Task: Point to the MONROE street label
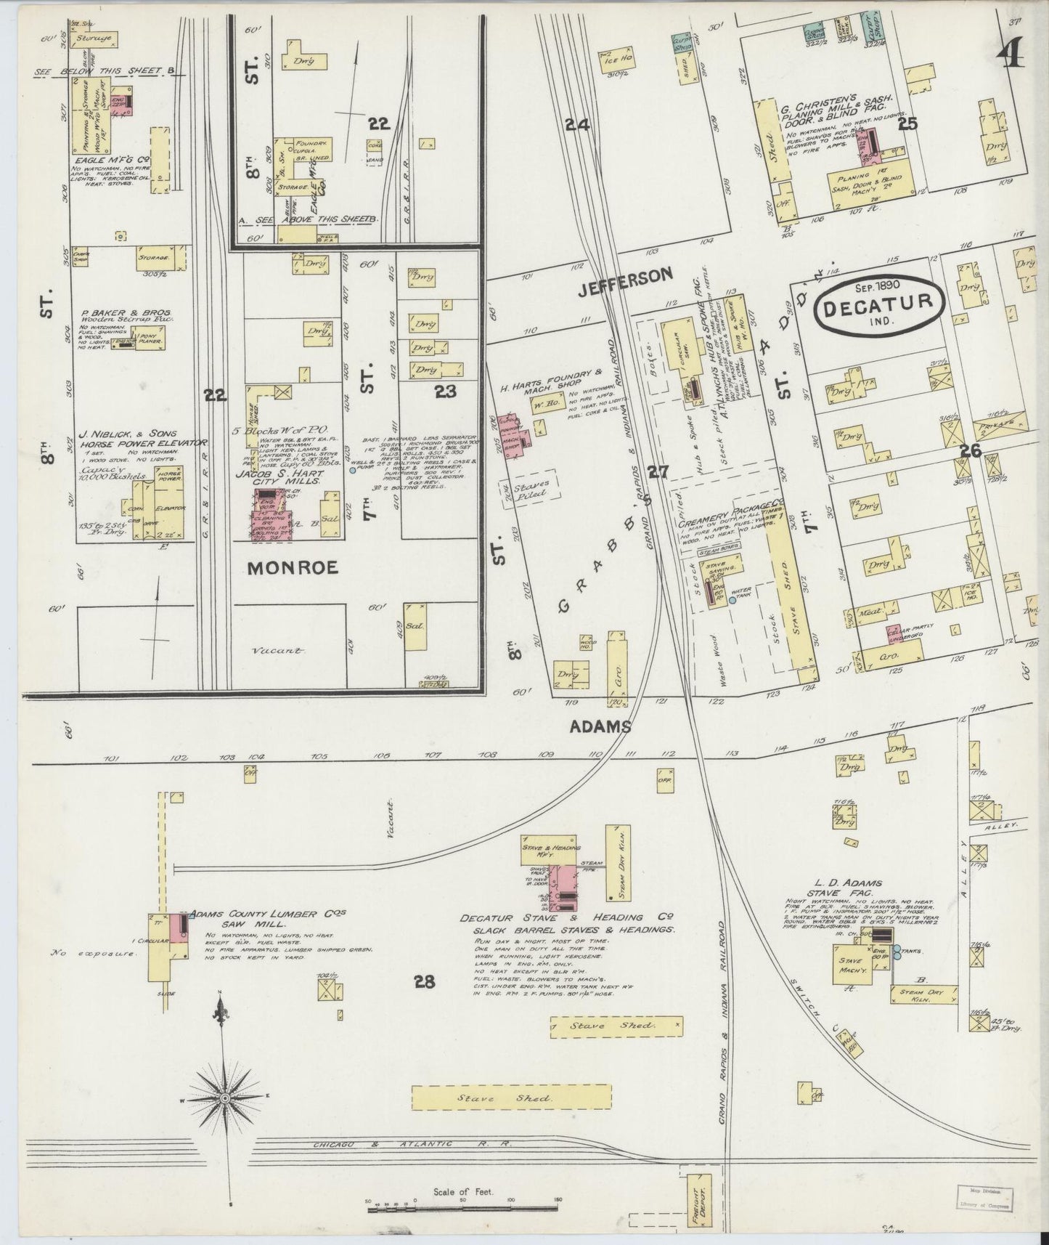pos(293,568)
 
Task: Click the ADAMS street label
pos(600,726)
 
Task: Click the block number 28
pos(425,982)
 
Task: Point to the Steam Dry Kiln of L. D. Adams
pos(920,996)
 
